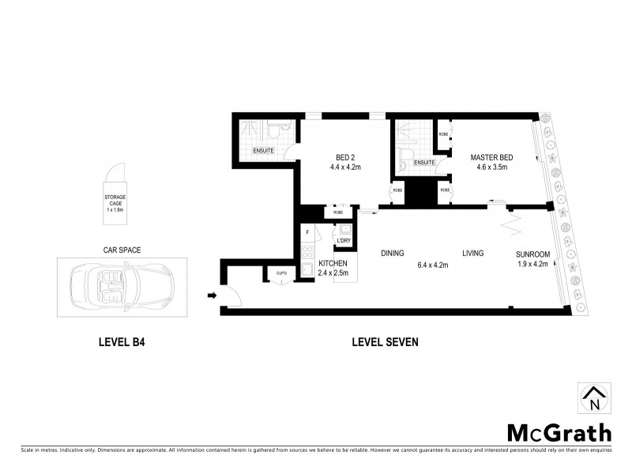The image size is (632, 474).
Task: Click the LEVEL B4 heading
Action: [x=121, y=343]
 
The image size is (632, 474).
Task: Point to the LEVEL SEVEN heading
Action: [x=385, y=343]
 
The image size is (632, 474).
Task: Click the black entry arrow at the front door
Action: [x=211, y=296]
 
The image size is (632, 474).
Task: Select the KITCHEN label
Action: [x=333, y=262]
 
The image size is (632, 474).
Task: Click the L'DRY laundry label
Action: [x=344, y=240]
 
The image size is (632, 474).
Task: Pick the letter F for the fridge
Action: [x=307, y=232]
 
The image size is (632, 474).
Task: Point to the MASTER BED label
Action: [x=492, y=156]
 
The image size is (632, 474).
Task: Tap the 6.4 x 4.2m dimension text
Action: [x=433, y=265]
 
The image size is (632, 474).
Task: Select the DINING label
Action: [x=393, y=254]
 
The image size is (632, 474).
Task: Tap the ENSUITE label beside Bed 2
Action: [x=263, y=150]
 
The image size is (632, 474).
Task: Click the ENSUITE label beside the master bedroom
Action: [x=424, y=163]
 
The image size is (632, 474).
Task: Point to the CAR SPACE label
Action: [x=122, y=249]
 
